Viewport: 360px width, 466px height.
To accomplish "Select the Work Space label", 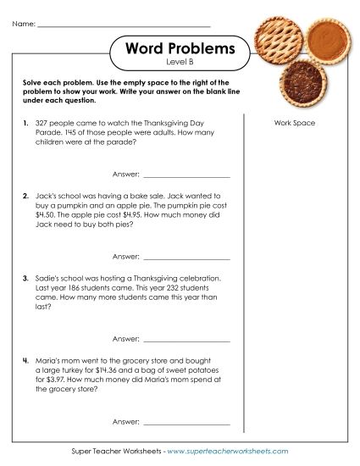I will [295, 124].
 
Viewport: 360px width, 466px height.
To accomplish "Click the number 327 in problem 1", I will [45, 123].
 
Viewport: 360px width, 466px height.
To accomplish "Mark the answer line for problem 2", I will [187, 257].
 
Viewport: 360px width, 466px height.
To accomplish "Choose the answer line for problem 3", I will [187, 340].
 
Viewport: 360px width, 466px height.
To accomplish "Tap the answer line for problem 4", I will [187, 422].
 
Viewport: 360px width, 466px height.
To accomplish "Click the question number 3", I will [26, 278].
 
